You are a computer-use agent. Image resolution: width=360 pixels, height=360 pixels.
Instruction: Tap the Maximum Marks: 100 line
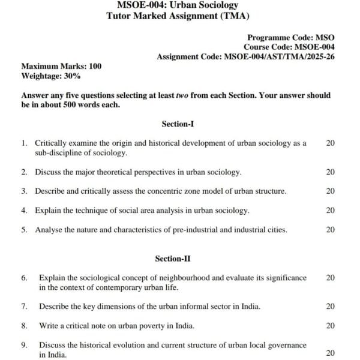pyautogui.click(x=61, y=66)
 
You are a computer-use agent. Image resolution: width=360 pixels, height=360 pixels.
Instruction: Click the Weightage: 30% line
pyautogui.click(x=51, y=76)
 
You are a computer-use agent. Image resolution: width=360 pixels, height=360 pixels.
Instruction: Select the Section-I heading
pyautogui.click(x=178, y=124)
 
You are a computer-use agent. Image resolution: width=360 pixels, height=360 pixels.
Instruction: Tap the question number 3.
pyautogui.click(x=24, y=191)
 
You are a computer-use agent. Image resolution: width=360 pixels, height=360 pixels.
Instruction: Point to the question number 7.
pyautogui.click(x=24, y=307)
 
